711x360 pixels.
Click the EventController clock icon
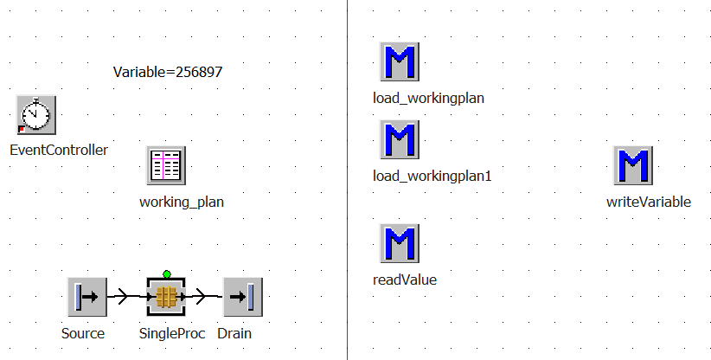36,115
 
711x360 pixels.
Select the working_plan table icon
165,164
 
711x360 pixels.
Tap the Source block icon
86,297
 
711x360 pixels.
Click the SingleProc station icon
166,297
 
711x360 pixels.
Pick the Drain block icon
242,297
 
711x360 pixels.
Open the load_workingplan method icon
399,61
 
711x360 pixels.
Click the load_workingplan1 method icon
399,139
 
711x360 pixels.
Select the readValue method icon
399,243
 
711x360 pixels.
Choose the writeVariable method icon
632,165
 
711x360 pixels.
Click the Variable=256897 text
168,73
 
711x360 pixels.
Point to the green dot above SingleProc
167,274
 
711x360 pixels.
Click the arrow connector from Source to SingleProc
125,297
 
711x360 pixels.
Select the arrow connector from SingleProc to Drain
204,297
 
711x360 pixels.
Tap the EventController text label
59,150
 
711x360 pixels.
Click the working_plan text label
182,202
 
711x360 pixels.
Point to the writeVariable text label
649,202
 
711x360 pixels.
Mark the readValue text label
405,280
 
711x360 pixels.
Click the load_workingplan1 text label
432,176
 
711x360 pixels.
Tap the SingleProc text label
172,333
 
